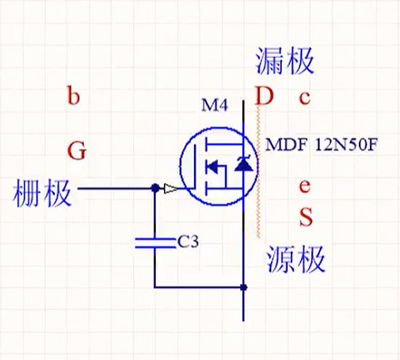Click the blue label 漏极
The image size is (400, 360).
coord(286,59)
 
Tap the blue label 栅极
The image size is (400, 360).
coord(44,193)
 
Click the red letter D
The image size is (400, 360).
coord(264,98)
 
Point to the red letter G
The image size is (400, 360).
coord(76,151)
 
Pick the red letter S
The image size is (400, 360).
coord(305,216)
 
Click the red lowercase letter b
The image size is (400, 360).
coord(74,98)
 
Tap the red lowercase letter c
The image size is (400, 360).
coord(304,98)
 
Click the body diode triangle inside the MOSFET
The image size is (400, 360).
coord(242,164)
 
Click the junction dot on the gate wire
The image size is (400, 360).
coord(154,190)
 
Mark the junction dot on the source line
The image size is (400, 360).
coord(243,287)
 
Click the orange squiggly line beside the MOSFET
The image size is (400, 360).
coord(260,174)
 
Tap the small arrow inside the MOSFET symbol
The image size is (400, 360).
coord(212,167)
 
